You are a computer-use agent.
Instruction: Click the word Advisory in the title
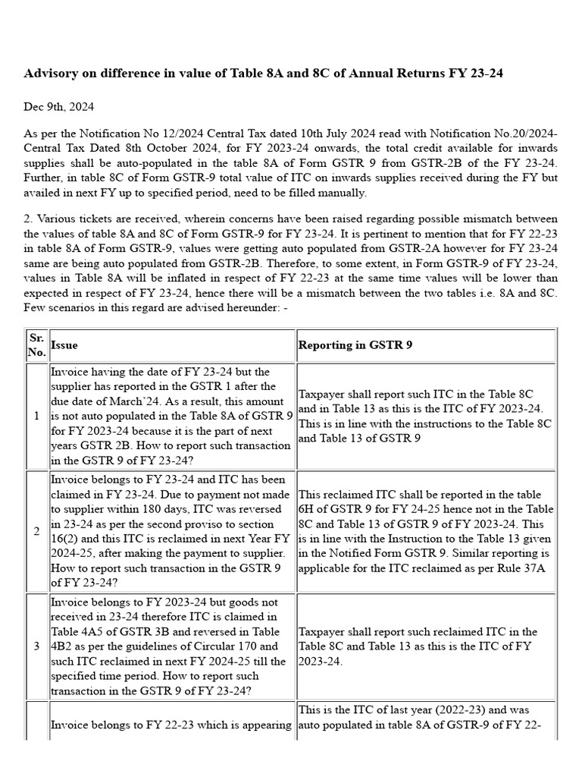(52, 74)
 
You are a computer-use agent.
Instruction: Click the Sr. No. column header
(36, 344)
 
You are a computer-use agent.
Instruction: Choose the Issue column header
(64, 344)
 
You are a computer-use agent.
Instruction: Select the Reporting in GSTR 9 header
(355, 344)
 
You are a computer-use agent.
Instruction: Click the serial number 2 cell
(36, 531)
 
